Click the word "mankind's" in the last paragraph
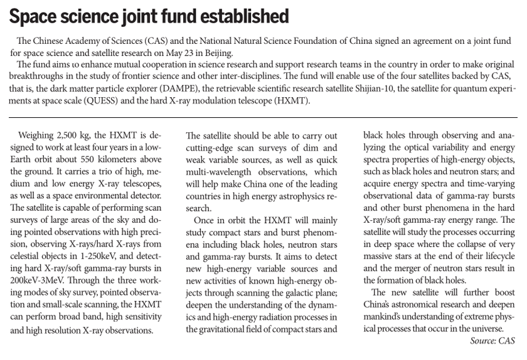pos(386,317)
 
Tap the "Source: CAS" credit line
pos(492,341)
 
